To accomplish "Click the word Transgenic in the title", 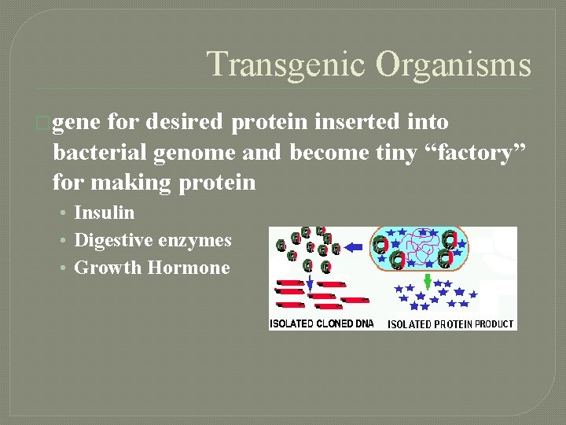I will click(x=286, y=65).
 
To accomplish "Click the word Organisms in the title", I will click(x=453, y=65).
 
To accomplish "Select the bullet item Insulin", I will click(x=104, y=213).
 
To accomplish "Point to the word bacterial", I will click(x=99, y=152).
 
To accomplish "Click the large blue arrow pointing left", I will click(x=354, y=247).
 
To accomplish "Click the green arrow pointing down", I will click(x=427, y=280).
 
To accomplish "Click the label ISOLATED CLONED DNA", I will click(x=322, y=323).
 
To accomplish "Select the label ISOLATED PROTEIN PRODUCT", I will click(x=450, y=323).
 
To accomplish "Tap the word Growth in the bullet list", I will click(x=108, y=268).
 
